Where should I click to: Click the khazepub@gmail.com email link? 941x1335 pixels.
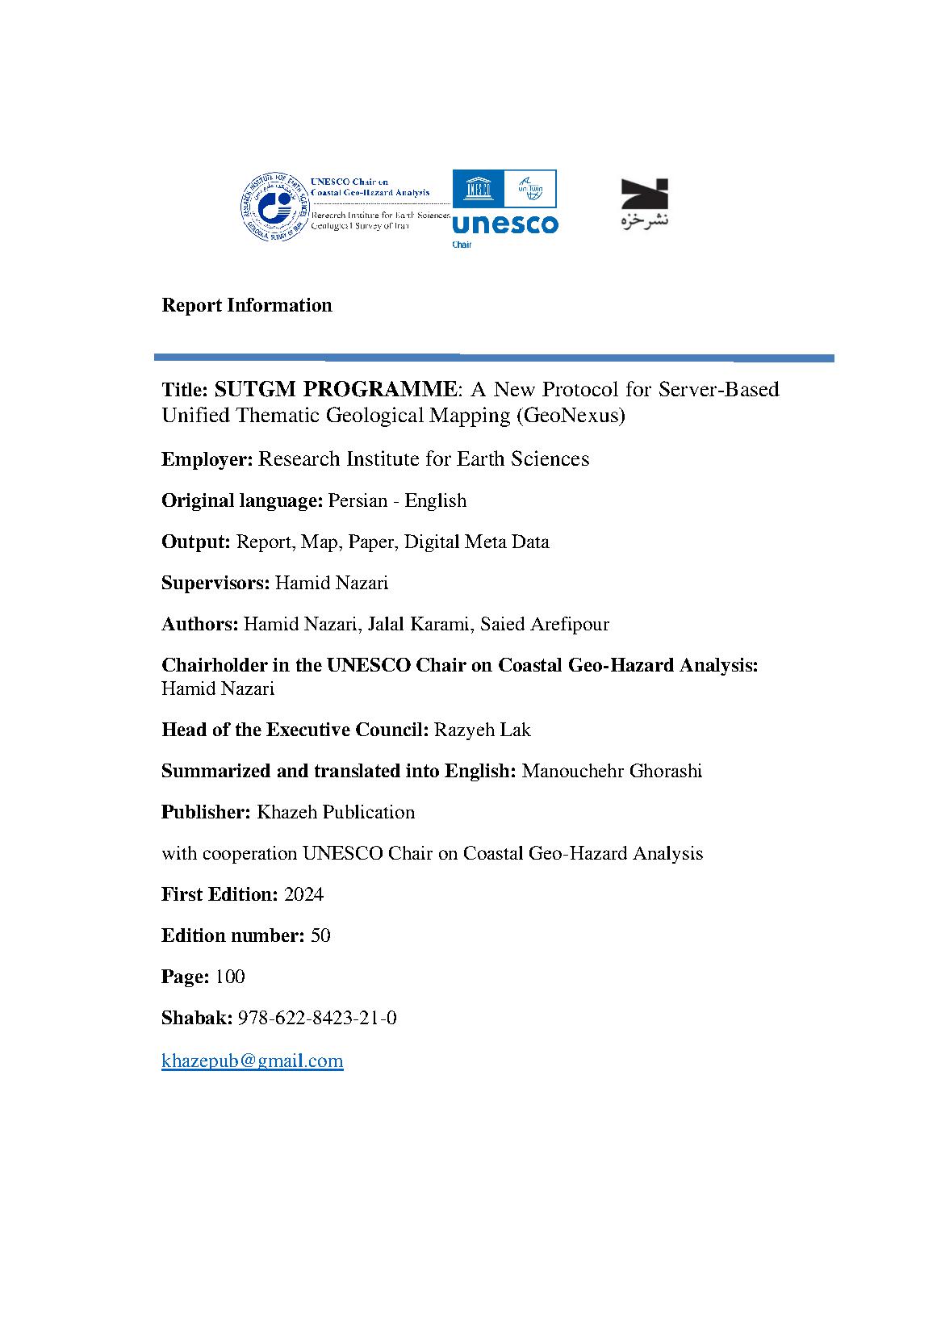click(x=252, y=1061)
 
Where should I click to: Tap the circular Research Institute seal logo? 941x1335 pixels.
click(x=275, y=207)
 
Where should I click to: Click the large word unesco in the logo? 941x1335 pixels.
click(x=505, y=224)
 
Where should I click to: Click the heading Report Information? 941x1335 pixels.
click(x=247, y=305)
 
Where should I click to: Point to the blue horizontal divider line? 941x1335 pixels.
click(x=494, y=358)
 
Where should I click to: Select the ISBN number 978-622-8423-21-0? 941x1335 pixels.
click(x=317, y=1018)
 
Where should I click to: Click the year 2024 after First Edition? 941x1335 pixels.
click(x=304, y=894)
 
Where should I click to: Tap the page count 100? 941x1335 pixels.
click(x=230, y=977)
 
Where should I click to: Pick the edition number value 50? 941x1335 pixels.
click(x=320, y=935)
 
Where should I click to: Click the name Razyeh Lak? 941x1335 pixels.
click(x=483, y=730)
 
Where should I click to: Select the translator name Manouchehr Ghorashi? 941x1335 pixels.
click(x=612, y=771)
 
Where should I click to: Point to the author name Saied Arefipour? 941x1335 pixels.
click(x=545, y=624)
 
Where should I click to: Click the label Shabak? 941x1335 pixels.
click(x=197, y=1018)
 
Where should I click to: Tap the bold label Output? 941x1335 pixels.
click(x=196, y=542)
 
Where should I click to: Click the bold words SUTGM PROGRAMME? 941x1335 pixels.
click(x=335, y=389)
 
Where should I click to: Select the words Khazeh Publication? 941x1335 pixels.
click(x=336, y=812)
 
